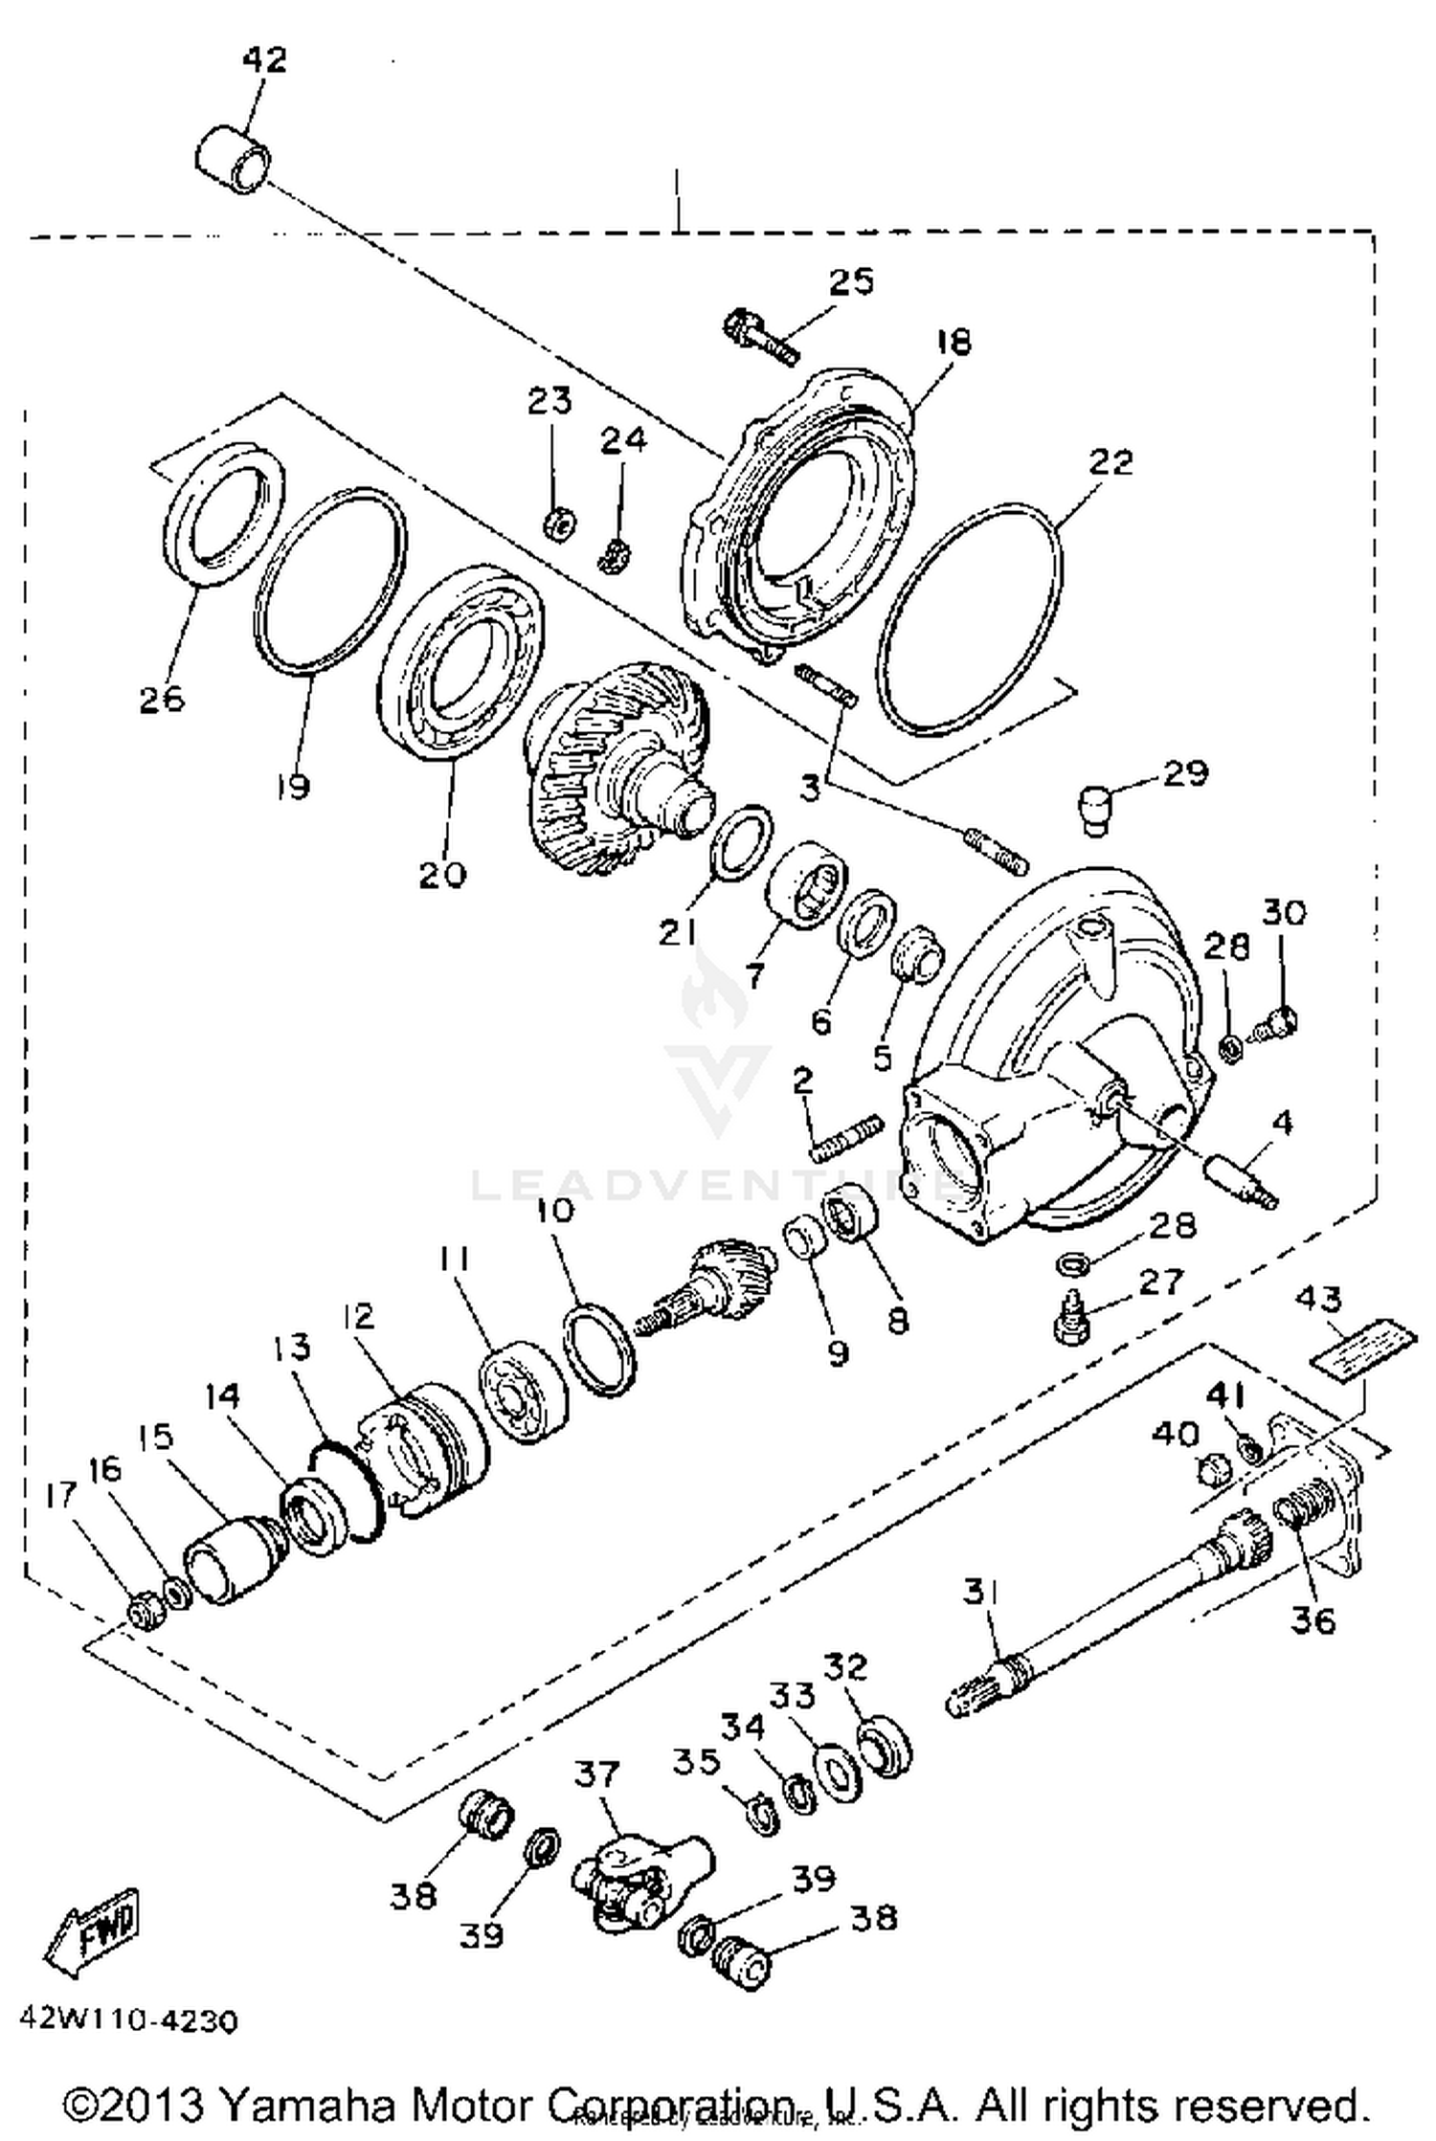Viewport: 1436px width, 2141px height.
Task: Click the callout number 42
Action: pyautogui.click(x=264, y=59)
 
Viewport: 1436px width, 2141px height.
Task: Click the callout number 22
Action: pyautogui.click(x=1110, y=462)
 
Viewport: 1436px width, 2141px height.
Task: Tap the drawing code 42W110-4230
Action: pyautogui.click(x=126, y=2021)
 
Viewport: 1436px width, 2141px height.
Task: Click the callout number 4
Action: pyautogui.click(x=1282, y=1122)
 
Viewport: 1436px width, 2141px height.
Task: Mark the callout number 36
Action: pyautogui.click(x=1313, y=1620)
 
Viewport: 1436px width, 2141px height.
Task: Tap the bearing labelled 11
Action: pyautogui.click(x=522, y=1393)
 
